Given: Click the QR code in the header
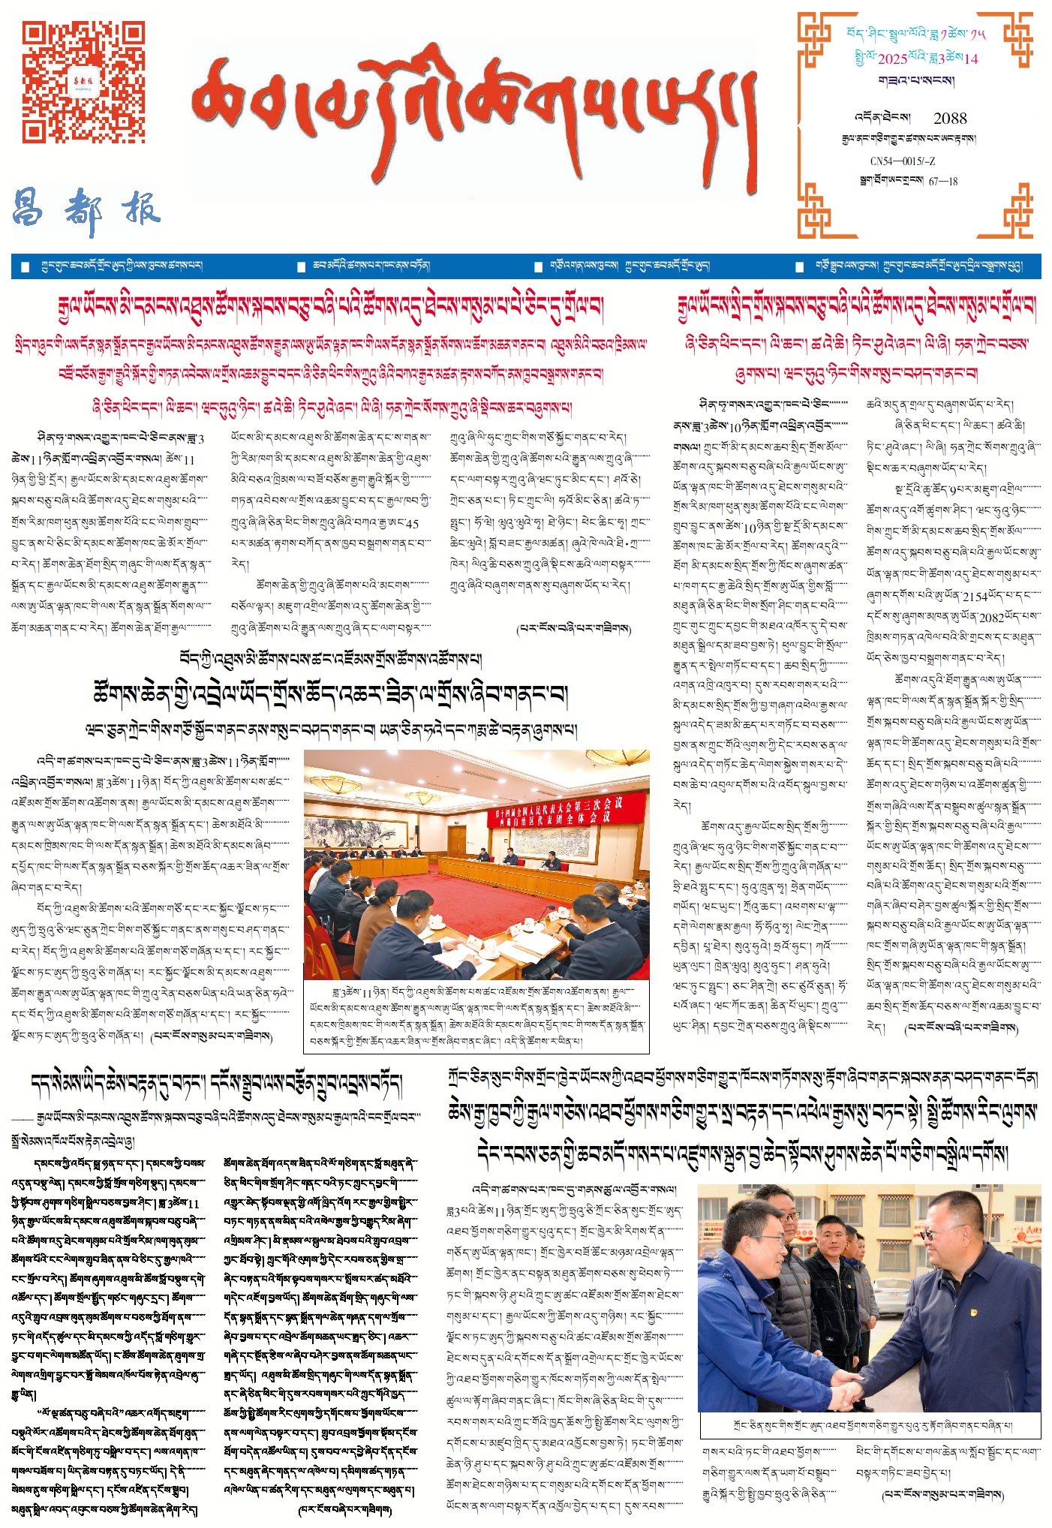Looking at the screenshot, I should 83,82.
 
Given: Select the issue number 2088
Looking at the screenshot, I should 950,118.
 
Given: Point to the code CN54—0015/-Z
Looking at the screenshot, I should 902,161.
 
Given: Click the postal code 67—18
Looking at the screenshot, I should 943,181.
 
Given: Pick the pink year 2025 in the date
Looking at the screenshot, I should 892,59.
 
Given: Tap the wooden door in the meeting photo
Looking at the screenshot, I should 457,843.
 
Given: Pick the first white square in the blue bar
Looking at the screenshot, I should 26,266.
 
